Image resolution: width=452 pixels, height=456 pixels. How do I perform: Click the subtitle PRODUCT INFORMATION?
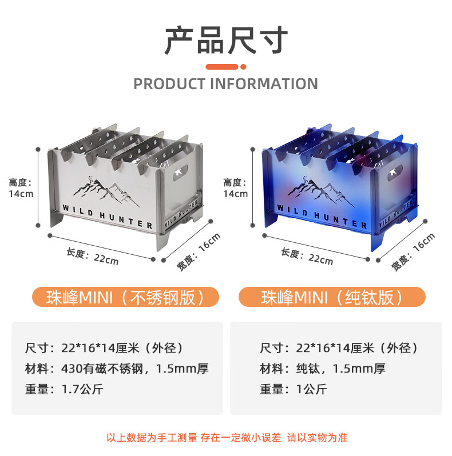pos(225,84)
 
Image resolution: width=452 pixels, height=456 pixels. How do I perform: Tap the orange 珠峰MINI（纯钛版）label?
pos(332,298)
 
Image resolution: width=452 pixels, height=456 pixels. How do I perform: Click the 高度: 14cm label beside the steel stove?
pos(21,187)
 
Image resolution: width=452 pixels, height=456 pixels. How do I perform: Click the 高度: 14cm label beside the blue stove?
pos(236,187)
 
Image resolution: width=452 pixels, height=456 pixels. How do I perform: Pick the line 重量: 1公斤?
pos(293,389)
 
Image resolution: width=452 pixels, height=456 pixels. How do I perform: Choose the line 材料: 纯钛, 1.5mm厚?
pos(323,369)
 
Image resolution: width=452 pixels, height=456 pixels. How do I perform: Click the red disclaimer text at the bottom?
pos(227,438)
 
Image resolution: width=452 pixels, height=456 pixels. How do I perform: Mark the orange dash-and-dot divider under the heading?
pos(226,67)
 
